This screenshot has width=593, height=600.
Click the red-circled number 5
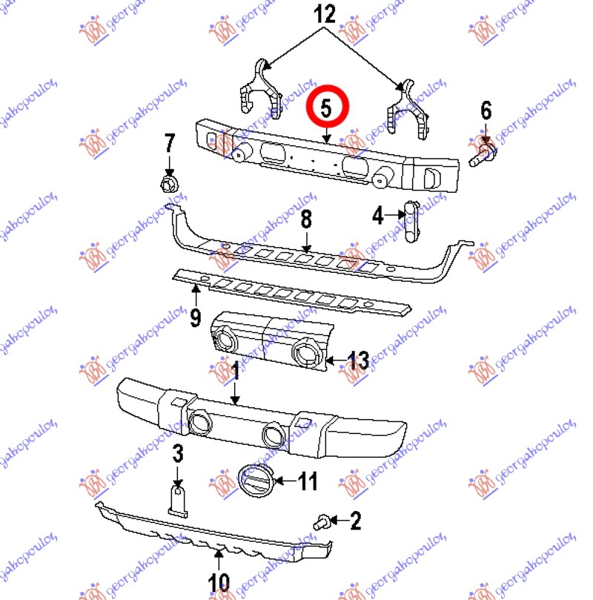tap(326, 108)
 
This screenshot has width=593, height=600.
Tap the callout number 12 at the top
tap(324, 14)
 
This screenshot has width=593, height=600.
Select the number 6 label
tap(486, 111)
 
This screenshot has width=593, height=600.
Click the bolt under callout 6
tap(483, 154)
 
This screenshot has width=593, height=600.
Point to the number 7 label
tap(169, 142)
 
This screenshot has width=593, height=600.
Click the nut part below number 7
tap(169, 185)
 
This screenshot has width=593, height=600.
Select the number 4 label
tap(378, 215)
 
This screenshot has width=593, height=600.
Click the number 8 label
tap(306, 220)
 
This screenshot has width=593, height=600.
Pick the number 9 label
tap(196, 317)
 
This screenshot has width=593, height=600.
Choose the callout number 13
tap(358, 360)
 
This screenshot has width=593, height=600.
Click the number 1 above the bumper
tap(236, 370)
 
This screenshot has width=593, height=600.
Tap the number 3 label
tap(178, 454)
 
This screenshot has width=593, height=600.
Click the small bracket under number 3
tap(178, 501)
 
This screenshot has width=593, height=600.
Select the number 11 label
tap(308, 481)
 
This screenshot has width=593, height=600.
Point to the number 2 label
tap(356, 521)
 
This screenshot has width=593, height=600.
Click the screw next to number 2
tap(322, 522)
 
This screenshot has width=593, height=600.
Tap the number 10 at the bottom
tap(219, 583)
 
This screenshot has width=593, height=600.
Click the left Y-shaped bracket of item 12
tap(260, 89)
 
